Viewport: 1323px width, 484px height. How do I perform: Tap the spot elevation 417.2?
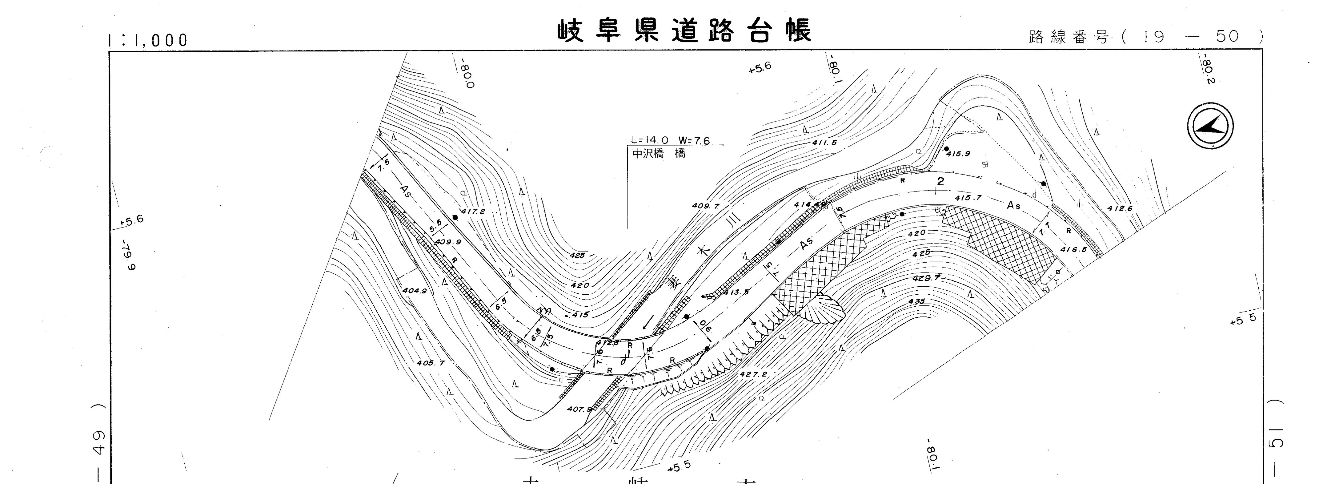[x=472, y=211]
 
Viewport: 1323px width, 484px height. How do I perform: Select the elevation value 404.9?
[x=415, y=290]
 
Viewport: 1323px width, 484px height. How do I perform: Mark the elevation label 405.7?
[x=431, y=363]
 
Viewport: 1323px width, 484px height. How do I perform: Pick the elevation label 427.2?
[x=753, y=374]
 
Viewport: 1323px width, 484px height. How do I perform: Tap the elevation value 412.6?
[x=1120, y=209]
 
